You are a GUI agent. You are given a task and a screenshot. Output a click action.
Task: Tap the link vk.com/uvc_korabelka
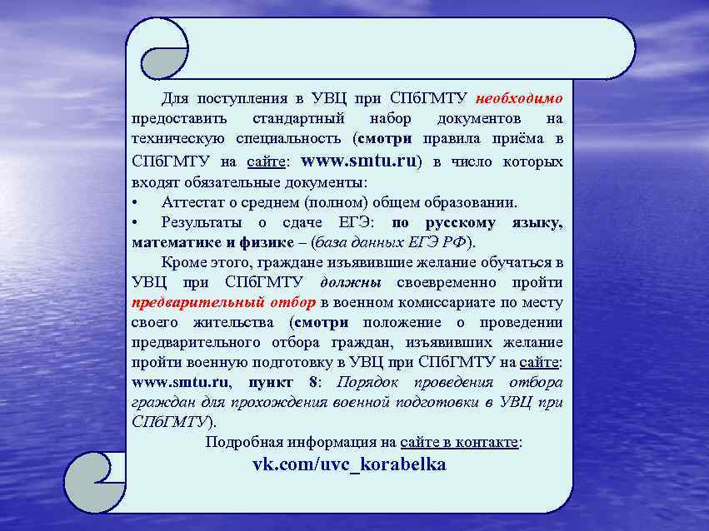349,464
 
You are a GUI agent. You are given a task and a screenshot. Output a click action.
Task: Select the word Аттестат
194,202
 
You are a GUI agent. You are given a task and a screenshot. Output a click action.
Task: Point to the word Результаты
202,222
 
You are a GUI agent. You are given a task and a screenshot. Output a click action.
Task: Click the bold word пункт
270,383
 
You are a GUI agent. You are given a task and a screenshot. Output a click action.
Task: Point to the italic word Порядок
368,383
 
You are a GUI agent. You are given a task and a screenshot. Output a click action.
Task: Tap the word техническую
176,137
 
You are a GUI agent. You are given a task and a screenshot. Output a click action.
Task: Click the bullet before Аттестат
136,202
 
